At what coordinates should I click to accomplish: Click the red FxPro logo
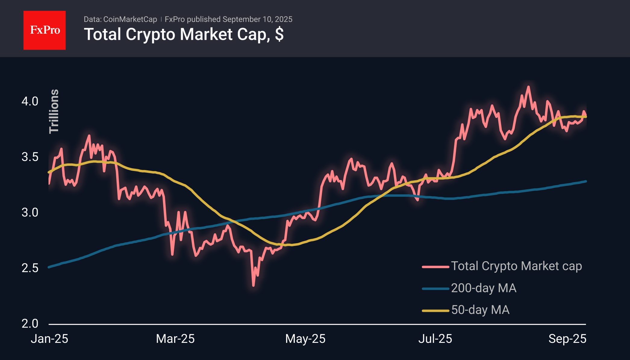point(45,30)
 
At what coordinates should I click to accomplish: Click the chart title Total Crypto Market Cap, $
point(183,34)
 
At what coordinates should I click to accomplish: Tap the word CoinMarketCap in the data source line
point(130,19)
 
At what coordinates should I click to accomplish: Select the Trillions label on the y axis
point(54,111)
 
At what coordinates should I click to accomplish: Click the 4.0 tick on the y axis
point(30,101)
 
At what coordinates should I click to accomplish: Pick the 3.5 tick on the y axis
point(30,157)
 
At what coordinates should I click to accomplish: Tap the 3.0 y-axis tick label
point(30,213)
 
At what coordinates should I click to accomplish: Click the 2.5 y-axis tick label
point(30,268)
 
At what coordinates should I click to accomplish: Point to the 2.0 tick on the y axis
point(30,324)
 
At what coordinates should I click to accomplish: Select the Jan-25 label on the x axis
point(49,339)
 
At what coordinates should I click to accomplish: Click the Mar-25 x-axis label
point(175,339)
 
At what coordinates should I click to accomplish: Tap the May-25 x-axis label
point(305,339)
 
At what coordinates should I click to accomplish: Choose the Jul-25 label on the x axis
point(435,339)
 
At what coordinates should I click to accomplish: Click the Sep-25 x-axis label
point(567,339)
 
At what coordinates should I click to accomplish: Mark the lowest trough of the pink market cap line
point(253,285)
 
